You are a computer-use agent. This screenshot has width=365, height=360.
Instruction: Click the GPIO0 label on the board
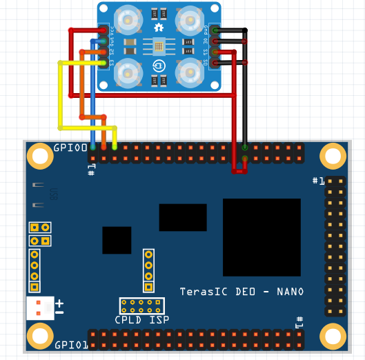[x=70, y=148]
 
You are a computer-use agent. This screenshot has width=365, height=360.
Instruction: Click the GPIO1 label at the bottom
[x=70, y=344]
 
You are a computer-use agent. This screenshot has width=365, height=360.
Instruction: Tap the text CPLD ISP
[x=141, y=319]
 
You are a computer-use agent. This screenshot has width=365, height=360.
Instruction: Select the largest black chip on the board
[x=262, y=237]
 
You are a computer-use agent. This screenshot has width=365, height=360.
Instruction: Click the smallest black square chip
[x=117, y=240]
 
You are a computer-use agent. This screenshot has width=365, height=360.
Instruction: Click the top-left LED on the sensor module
[x=128, y=21]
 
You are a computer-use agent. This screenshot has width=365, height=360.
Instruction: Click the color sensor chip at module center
[x=159, y=47]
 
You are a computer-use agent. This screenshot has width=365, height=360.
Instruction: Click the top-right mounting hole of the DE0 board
[x=333, y=156]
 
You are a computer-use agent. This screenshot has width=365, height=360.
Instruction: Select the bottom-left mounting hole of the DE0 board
[x=39, y=337]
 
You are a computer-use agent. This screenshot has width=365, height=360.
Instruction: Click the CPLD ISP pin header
[x=141, y=306]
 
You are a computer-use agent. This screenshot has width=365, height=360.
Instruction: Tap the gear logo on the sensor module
[x=159, y=28]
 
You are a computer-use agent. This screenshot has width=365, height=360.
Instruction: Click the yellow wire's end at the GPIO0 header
[x=115, y=147]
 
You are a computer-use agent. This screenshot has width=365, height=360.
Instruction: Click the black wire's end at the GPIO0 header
[x=245, y=147]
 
